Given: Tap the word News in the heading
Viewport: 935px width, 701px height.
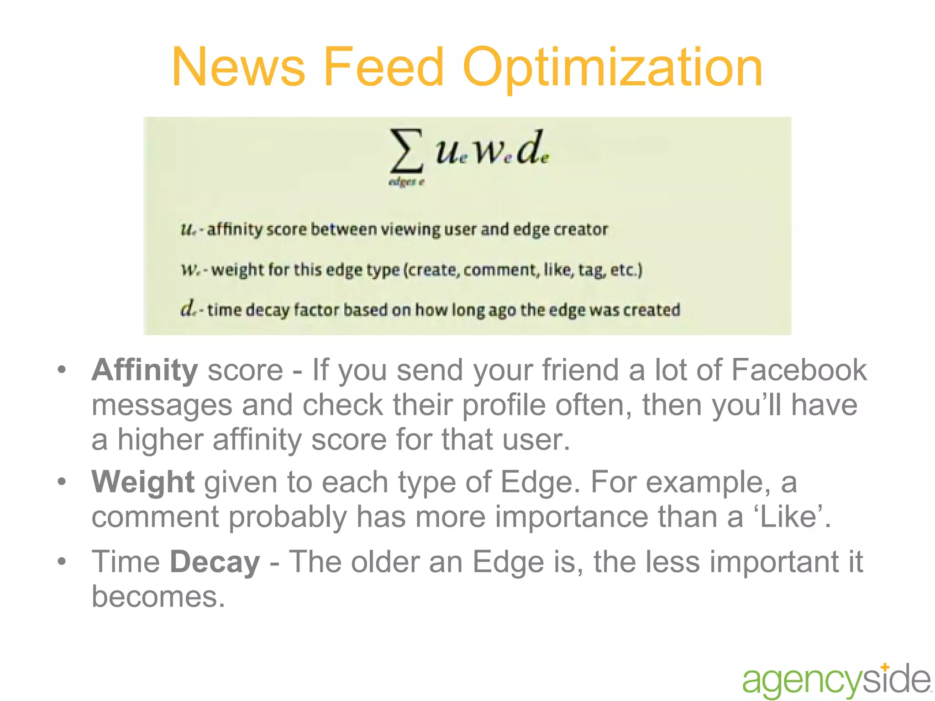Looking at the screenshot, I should tap(238, 67).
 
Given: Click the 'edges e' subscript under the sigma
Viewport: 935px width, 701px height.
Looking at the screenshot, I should tap(406, 182).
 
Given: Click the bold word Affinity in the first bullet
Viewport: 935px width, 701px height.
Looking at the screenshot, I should tap(145, 370).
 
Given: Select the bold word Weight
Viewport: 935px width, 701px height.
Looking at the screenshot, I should tap(143, 481).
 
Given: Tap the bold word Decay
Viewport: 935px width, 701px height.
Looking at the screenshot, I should tap(215, 562).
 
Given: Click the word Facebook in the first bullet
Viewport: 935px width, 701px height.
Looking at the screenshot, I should tap(798, 370).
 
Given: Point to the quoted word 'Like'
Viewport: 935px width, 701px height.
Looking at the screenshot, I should tap(788, 517).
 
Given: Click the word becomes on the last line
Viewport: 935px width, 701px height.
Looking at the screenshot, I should tap(158, 596).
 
